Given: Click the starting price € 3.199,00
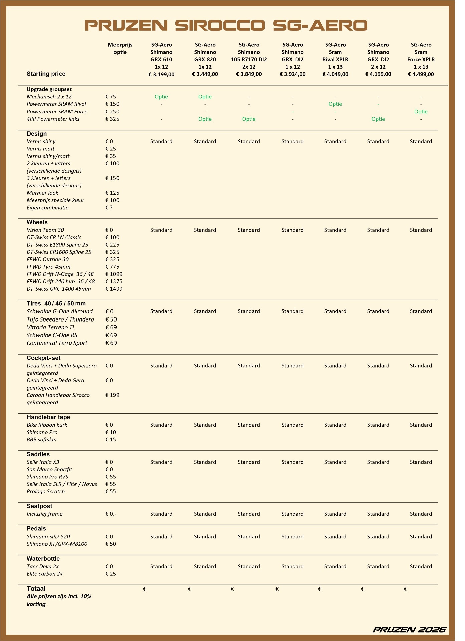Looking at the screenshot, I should (161, 74).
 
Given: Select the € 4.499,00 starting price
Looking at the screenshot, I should (421, 74).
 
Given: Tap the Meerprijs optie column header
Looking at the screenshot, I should (120, 48).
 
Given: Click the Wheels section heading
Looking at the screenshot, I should (37, 222).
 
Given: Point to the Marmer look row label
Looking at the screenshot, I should (42, 193).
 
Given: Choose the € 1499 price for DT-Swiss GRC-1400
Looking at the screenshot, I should (114, 289).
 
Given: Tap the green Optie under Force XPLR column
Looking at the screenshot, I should (421, 112).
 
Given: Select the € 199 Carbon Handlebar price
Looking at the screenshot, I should (112, 395).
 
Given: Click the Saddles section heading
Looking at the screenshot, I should (38, 454).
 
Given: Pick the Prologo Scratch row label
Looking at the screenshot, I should (46, 491).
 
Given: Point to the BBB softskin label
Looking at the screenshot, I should (41, 440).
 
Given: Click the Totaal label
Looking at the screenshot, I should (36, 589).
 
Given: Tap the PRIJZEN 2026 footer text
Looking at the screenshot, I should (409, 630).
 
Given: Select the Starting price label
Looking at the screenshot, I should (46, 74).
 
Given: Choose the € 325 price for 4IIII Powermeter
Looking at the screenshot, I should (112, 119).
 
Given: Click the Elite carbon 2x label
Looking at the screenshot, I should (44, 574).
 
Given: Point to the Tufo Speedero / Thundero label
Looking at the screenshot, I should (60, 319).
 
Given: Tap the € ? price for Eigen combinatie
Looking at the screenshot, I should (109, 208).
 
